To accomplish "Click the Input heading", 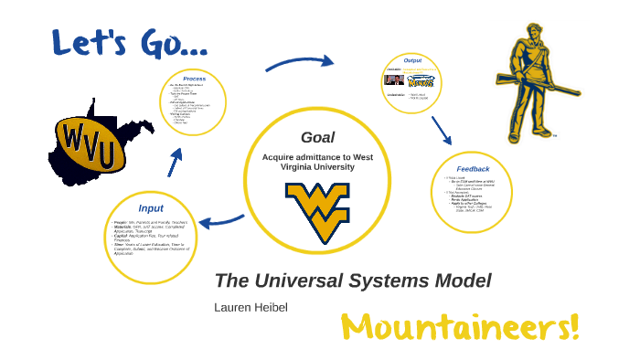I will tap(151, 207).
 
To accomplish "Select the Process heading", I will tap(194, 79).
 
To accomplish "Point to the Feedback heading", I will tap(473, 168).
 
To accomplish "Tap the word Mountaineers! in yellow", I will tap(460, 325).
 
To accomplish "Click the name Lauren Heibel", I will tap(251, 307).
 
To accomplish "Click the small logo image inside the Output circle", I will tap(419, 81).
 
